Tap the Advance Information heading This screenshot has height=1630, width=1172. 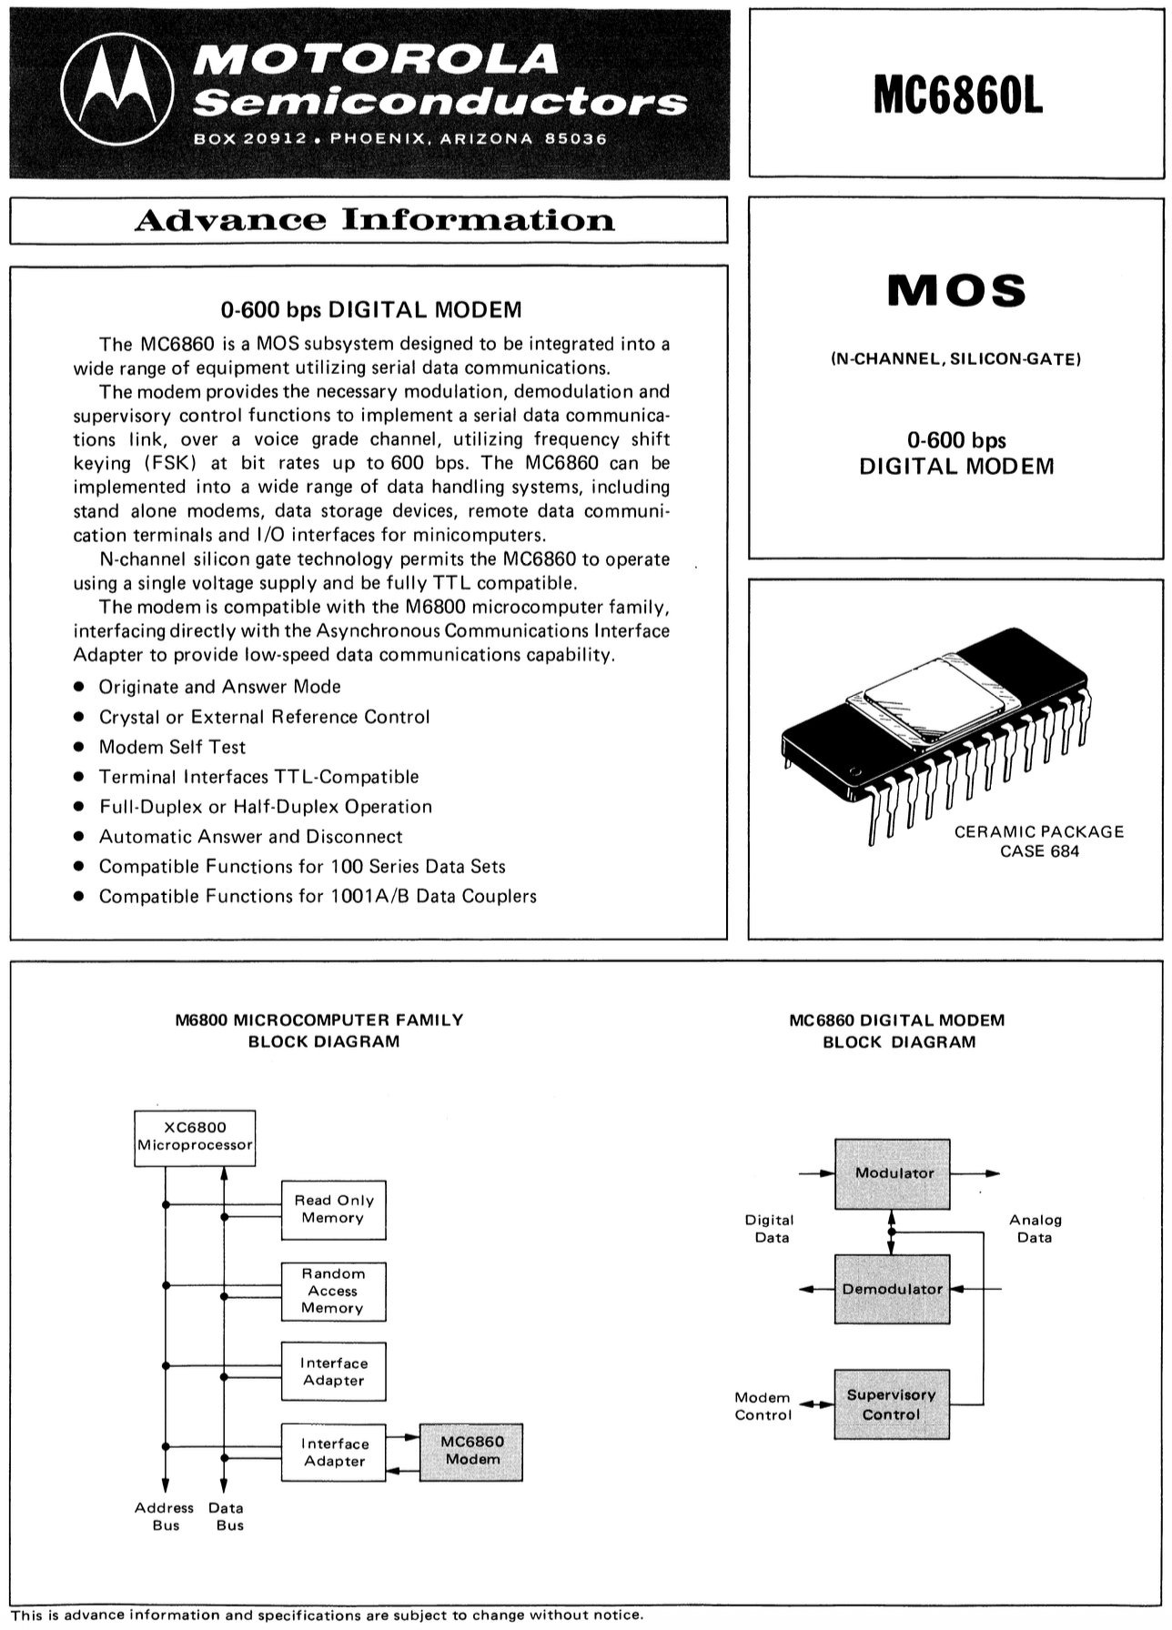click(374, 220)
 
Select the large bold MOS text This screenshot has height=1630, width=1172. click(956, 291)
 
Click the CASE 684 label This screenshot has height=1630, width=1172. click(1039, 851)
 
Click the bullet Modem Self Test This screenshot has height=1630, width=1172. click(172, 747)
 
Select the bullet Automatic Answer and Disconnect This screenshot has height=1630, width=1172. click(250, 837)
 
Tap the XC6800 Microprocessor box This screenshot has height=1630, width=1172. click(195, 1136)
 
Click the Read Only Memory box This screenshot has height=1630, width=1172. click(333, 1209)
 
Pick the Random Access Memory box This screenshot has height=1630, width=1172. click(333, 1291)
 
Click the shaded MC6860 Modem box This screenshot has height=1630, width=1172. click(471, 1451)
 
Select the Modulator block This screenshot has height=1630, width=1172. click(893, 1173)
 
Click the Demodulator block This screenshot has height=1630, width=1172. click(892, 1289)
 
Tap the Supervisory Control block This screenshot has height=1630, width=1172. click(892, 1404)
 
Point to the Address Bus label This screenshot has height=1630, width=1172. click(165, 1516)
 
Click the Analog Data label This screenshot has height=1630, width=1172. click(1036, 1229)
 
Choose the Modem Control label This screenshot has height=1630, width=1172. click(763, 1406)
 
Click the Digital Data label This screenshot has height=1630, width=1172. click(770, 1229)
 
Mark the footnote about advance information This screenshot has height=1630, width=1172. click(327, 1615)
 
